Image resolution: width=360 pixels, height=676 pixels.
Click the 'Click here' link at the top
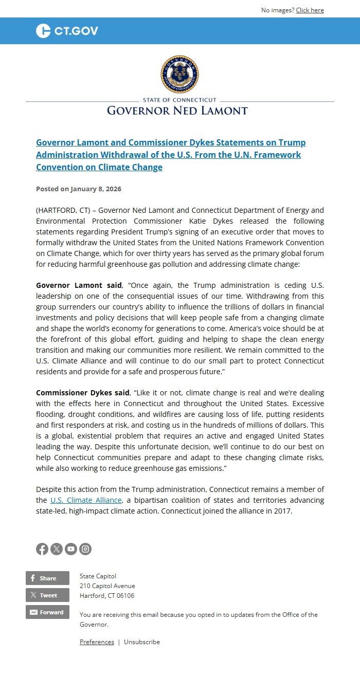click(x=310, y=10)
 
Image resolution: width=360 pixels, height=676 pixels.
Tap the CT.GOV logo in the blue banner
click(x=67, y=31)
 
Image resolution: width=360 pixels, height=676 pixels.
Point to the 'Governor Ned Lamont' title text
click(x=177, y=111)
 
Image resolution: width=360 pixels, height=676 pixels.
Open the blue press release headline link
click(x=170, y=155)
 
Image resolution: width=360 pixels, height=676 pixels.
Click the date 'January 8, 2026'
click(x=96, y=189)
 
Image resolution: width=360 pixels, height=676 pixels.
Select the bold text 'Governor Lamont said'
click(x=79, y=285)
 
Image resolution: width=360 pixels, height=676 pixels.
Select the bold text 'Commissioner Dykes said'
click(x=82, y=393)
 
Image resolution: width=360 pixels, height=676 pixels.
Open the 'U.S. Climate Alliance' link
click(x=86, y=500)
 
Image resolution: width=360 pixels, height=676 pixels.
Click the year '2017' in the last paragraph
click(x=282, y=511)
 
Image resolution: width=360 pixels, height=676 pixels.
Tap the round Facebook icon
click(x=42, y=549)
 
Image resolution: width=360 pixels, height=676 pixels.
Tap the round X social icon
click(x=57, y=549)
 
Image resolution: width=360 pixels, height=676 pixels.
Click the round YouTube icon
click(x=71, y=549)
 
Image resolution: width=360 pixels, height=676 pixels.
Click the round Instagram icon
click(x=85, y=549)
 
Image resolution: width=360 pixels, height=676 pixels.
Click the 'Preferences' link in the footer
click(x=97, y=642)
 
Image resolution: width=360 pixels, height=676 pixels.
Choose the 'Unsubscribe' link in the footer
click(x=142, y=642)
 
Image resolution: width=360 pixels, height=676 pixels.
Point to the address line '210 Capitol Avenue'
click(x=107, y=586)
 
